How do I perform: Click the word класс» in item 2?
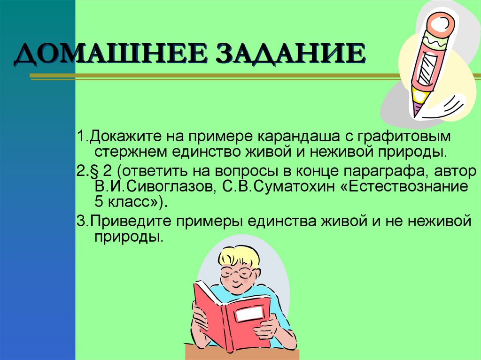135,202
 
